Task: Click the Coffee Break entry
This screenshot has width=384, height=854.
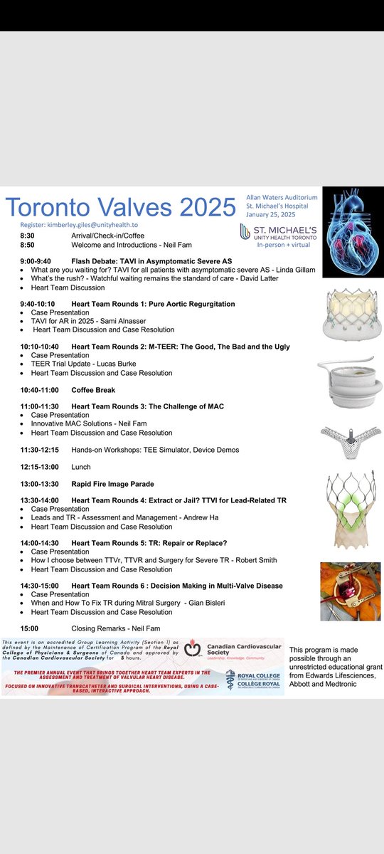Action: click(93, 390)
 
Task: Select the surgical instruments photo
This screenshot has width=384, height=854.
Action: click(350, 591)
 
